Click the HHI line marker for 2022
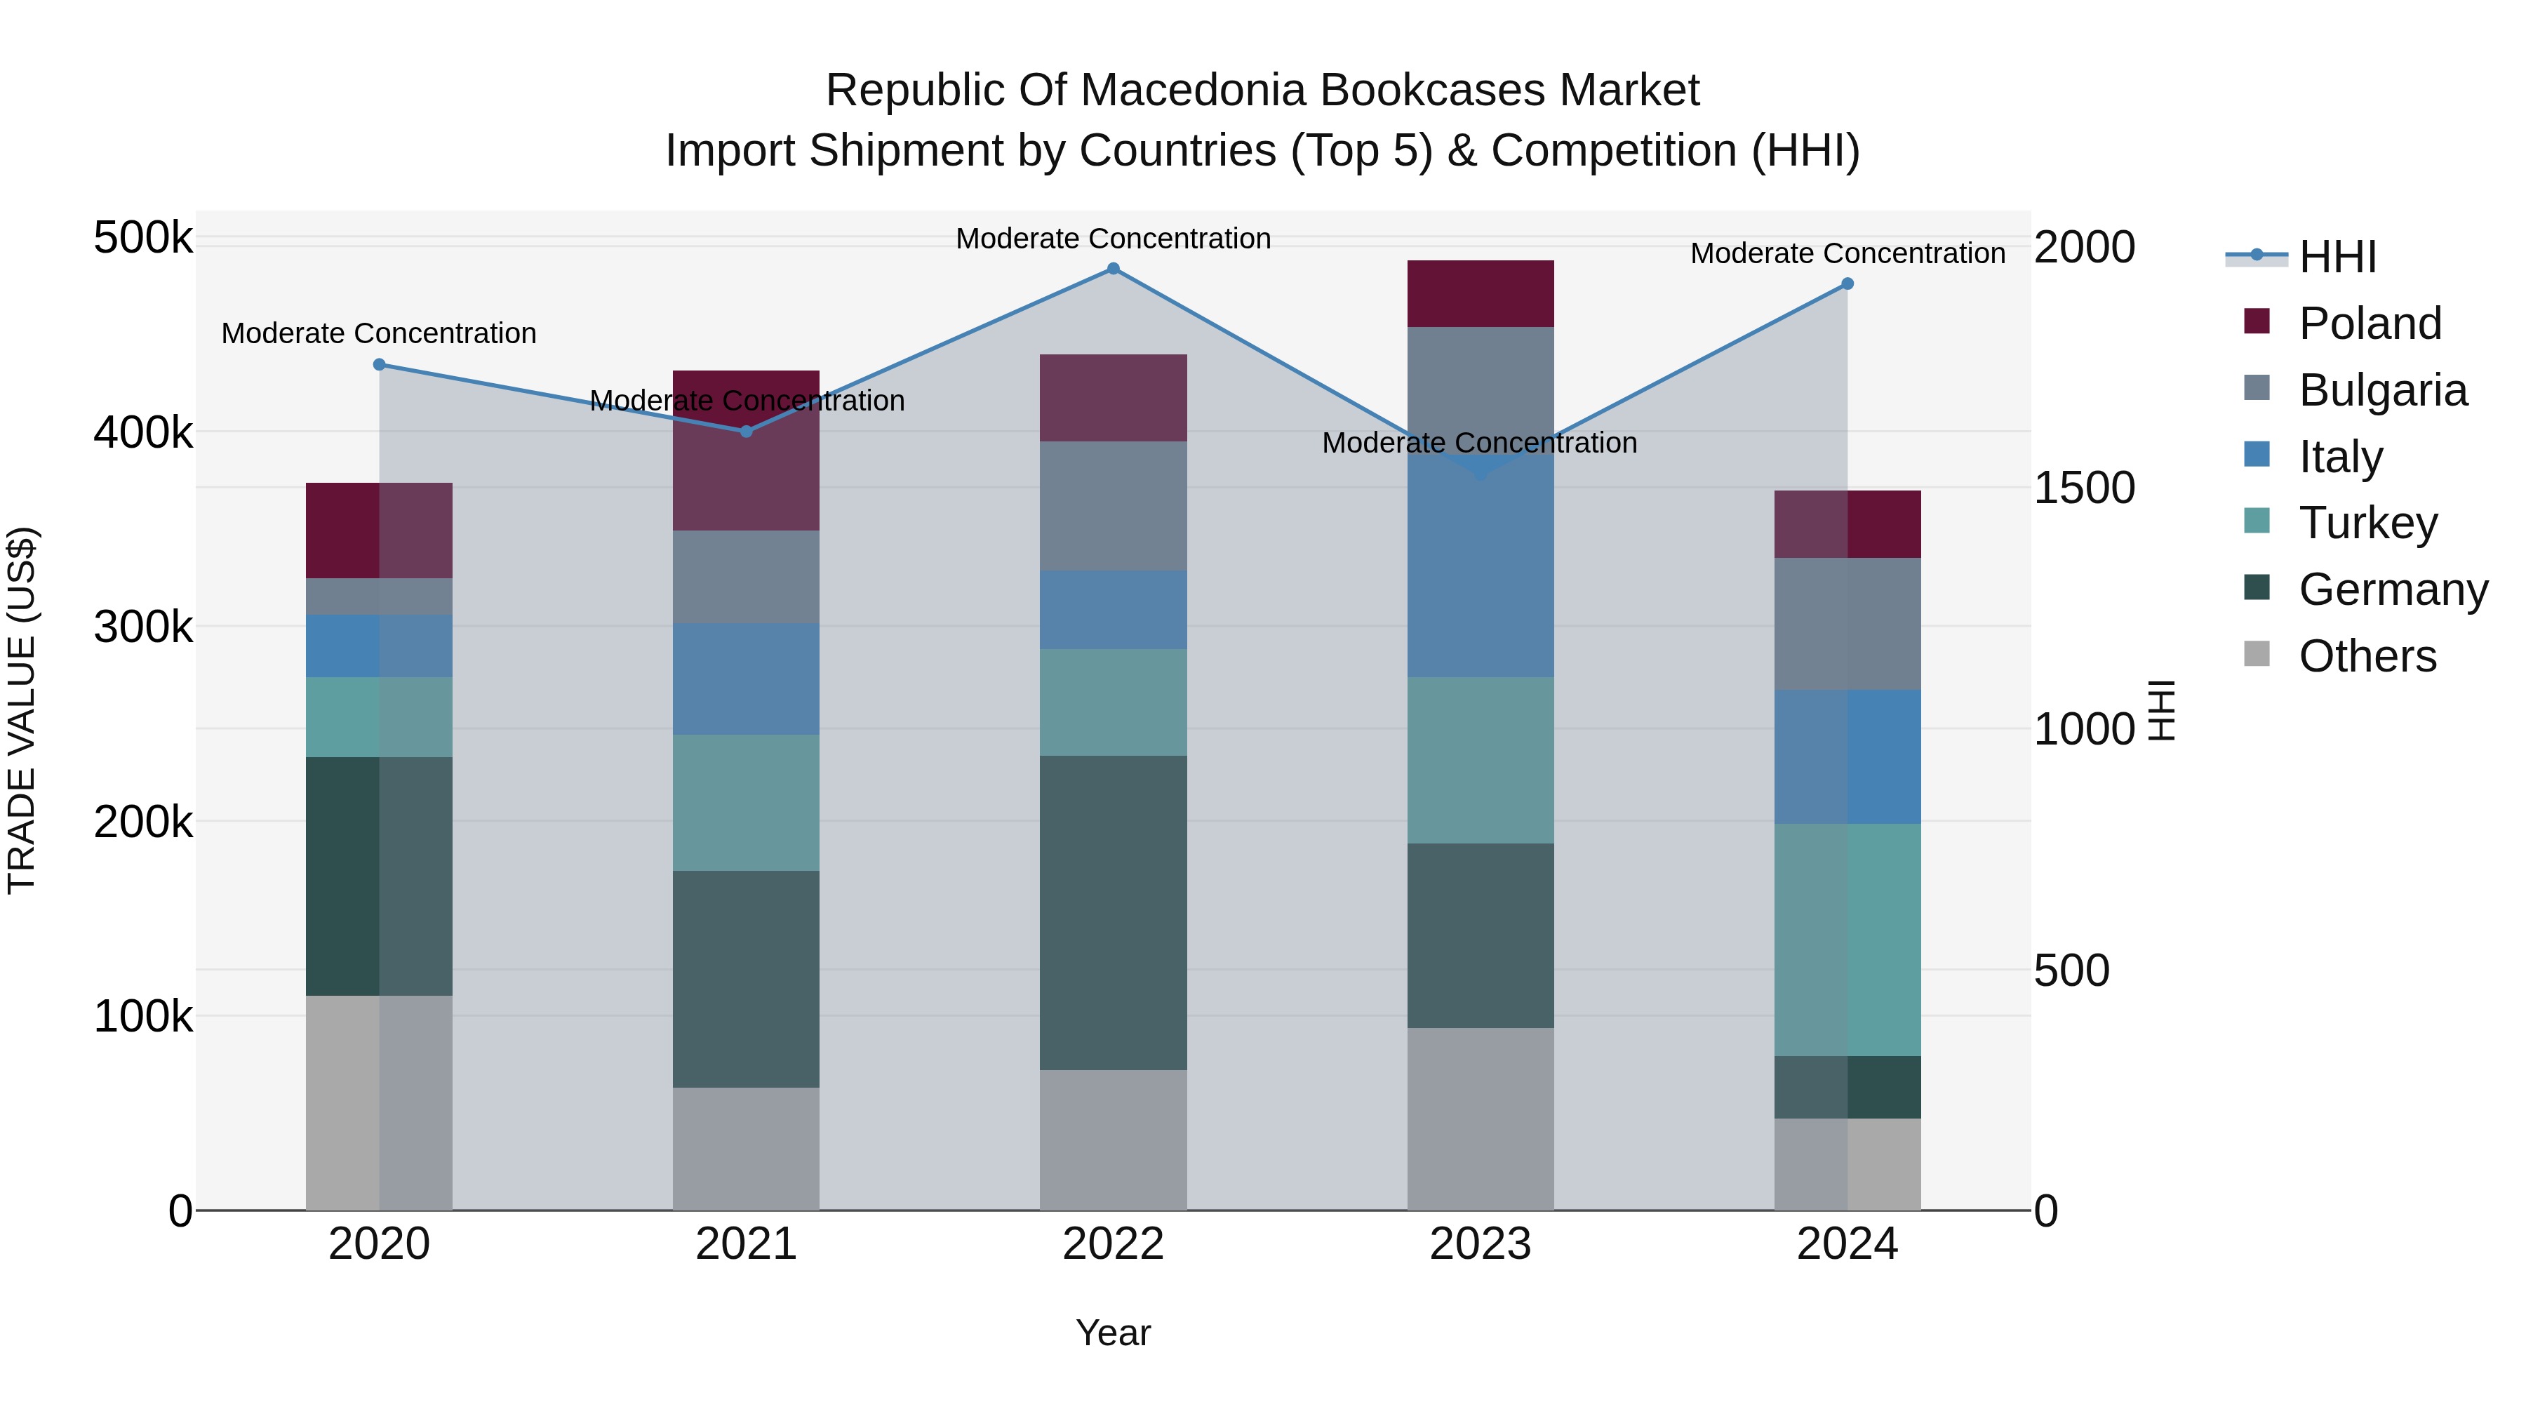click(x=1113, y=269)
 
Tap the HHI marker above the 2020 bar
click(x=380, y=365)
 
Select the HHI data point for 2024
click(x=1847, y=283)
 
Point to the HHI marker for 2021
click(x=747, y=432)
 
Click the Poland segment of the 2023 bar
click(x=1481, y=293)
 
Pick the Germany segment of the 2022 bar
click(x=1113, y=912)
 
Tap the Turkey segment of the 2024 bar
click(x=1847, y=940)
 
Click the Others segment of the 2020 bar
click(x=380, y=1102)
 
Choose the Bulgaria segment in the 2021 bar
click(x=747, y=577)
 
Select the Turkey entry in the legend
click(x=2368, y=523)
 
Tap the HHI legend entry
click(x=2338, y=257)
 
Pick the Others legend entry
click(x=2367, y=656)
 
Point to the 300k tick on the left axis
click(x=143, y=627)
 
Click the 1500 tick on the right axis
click(x=2084, y=488)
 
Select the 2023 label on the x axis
click(x=1481, y=1244)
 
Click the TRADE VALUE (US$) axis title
click(x=22, y=710)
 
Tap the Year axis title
click(x=1113, y=1333)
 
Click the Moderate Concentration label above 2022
click(x=1113, y=239)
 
